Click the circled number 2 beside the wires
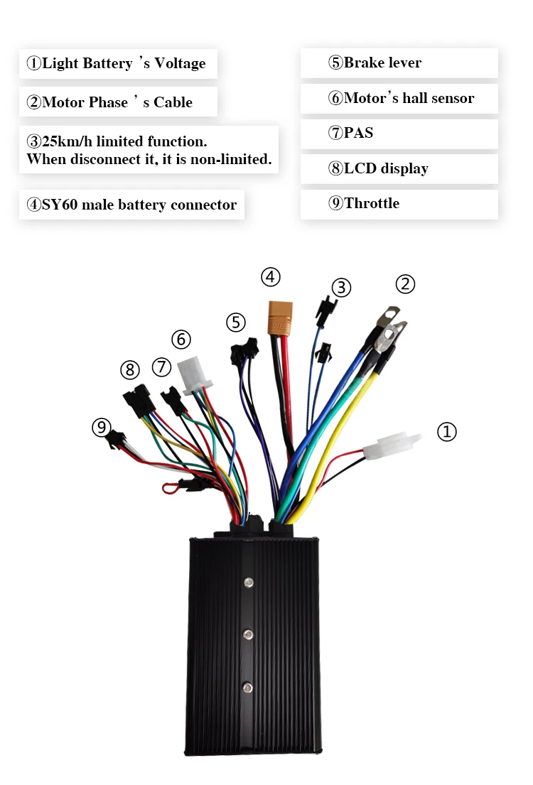tap(404, 284)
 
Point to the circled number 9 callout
tap(102, 427)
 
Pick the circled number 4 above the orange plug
tap(271, 276)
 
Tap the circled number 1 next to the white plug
tap(446, 431)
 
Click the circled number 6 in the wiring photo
tap(181, 339)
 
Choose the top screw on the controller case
tap(248, 583)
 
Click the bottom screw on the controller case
tap(248, 687)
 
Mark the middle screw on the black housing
tap(248, 634)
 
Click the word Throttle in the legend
tap(372, 203)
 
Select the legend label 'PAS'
tap(358, 133)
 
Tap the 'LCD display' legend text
tap(386, 168)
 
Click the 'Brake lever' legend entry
tap(382, 63)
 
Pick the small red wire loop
tap(169, 487)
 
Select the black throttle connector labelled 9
tap(115, 441)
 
